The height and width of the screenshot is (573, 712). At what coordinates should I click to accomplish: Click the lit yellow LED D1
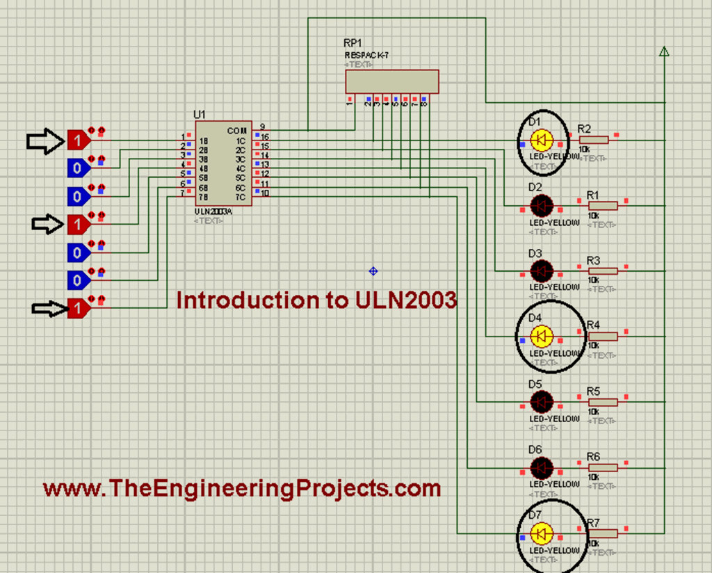(541, 140)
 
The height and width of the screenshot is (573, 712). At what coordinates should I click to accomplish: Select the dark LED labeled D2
(541, 205)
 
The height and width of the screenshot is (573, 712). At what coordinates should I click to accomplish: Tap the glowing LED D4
(541, 337)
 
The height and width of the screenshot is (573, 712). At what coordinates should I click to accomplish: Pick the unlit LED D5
(541, 401)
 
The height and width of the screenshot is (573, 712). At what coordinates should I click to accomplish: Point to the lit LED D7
(541, 534)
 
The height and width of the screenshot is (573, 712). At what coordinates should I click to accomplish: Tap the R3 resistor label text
(593, 260)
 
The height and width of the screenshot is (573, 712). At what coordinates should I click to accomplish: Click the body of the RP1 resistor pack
(392, 81)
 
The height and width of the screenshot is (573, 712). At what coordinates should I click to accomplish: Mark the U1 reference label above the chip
(200, 114)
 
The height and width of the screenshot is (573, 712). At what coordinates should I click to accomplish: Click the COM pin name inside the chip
(236, 131)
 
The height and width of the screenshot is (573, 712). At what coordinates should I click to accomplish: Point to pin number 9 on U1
(262, 127)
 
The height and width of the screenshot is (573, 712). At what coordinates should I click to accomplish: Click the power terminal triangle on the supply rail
(664, 51)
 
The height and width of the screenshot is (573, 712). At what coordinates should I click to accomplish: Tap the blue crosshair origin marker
(373, 271)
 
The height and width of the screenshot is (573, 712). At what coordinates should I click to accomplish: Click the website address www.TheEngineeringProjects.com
(242, 488)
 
